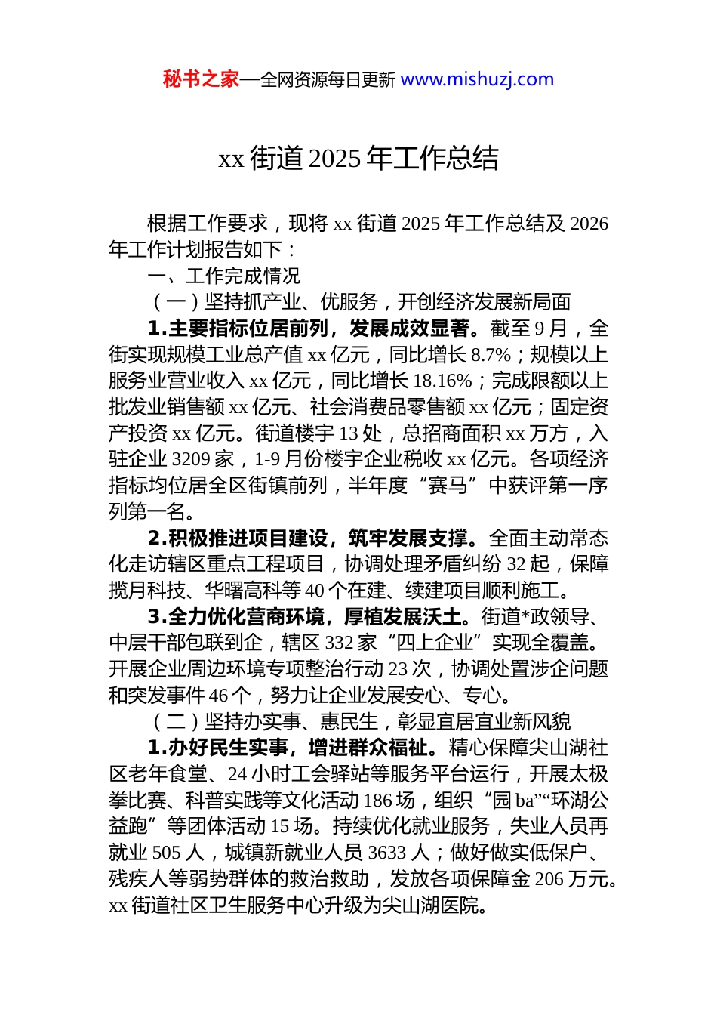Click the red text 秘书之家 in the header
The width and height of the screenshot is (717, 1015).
pos(201,79)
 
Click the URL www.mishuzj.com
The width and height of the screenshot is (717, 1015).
pos(477,79)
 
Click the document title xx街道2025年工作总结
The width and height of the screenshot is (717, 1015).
pos(358,159)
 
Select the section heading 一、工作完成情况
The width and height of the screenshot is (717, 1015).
pos(224,276)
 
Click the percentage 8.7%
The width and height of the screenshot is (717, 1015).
pos(491,355)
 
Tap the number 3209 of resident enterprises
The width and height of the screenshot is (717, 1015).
pos(191,459)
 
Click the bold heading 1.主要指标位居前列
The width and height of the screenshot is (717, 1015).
pos(238,329)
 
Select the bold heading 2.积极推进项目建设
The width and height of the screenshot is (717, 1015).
pos(238,538)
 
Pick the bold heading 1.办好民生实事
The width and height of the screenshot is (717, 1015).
pos(218,748)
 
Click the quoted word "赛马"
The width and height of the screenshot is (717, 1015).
pos(448,486)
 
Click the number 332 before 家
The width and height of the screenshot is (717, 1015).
pos(340,643)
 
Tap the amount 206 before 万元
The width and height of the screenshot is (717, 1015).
pos(549,879)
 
